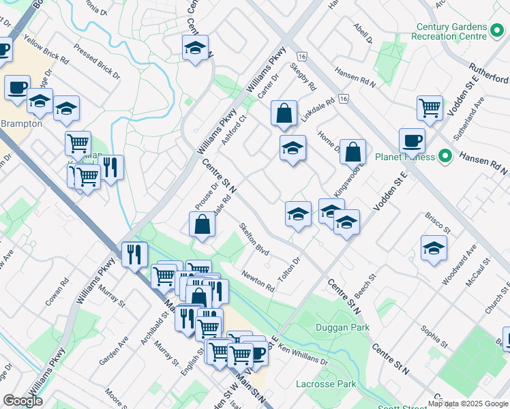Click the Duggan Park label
click(x=342, y=328)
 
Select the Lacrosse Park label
click(x=326, y=384)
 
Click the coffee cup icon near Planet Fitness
click(x=412, y=141)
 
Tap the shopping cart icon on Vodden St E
click(x=430, y=108)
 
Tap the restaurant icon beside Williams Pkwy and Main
click(x=134, y=254)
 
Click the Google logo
click(x=22, y=401)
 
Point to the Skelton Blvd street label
click(x=254, y=239)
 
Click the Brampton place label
click(x=20, y=124)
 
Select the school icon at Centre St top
click(x=195, y=48)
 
